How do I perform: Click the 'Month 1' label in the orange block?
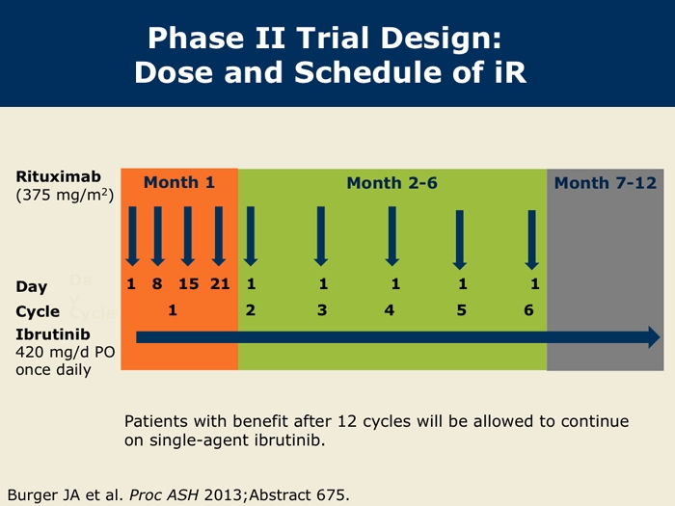pos(179,182)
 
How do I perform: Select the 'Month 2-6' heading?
pos(392,183)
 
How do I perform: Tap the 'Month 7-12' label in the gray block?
pos(606,183)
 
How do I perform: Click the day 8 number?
pos(157,284)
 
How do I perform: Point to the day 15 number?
pos(189,284)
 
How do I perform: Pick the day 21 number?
pos(220,284)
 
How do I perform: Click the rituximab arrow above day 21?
pos(219,236)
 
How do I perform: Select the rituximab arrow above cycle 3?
pos(321,236)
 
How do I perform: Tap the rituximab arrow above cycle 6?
pos(531,240)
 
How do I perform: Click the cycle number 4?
pos(390,310)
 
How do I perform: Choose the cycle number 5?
pos(462,310)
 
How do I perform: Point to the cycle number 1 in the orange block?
pos(173,310)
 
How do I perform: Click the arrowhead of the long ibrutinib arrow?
pos(655,337)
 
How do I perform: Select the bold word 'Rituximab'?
pos(59,176)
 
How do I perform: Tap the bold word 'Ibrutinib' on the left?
pos(53,334)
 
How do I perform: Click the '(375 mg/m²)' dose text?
pos(65,196)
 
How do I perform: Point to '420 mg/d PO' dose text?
pos(66,353)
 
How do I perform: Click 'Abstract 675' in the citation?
pos(298,494)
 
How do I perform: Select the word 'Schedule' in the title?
pos(369,72)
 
